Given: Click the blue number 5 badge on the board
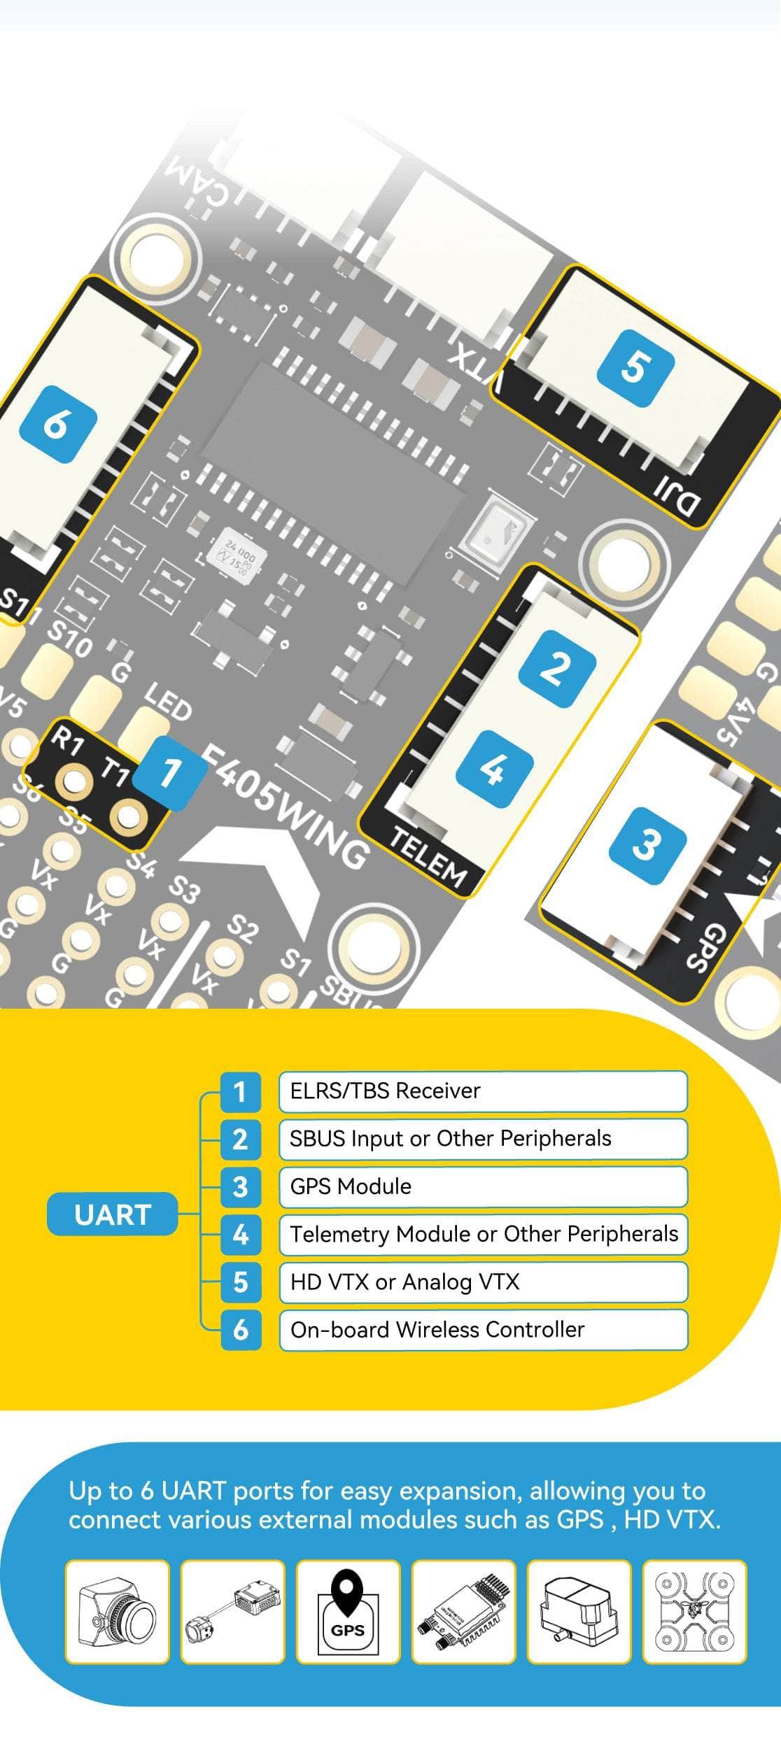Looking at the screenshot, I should [x=635, y=368].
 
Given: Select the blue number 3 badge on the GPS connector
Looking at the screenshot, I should [x=646, y=844].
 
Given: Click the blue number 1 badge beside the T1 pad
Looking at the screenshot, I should [x=170, y=774].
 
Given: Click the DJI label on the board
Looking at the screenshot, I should [x=677, y=495].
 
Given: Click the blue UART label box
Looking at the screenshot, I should [x=112, y=1214].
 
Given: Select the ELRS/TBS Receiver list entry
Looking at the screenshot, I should [x=482, y=1091].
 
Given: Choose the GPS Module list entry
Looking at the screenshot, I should [x=482, y=1186].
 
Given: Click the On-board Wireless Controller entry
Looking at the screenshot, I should [x=482, y=1329].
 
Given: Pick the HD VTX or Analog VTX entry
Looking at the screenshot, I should [x=482, y=1282].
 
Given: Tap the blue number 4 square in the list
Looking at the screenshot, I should [x=240, y=1235].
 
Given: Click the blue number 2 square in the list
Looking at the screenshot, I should [x=240, y=1139].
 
